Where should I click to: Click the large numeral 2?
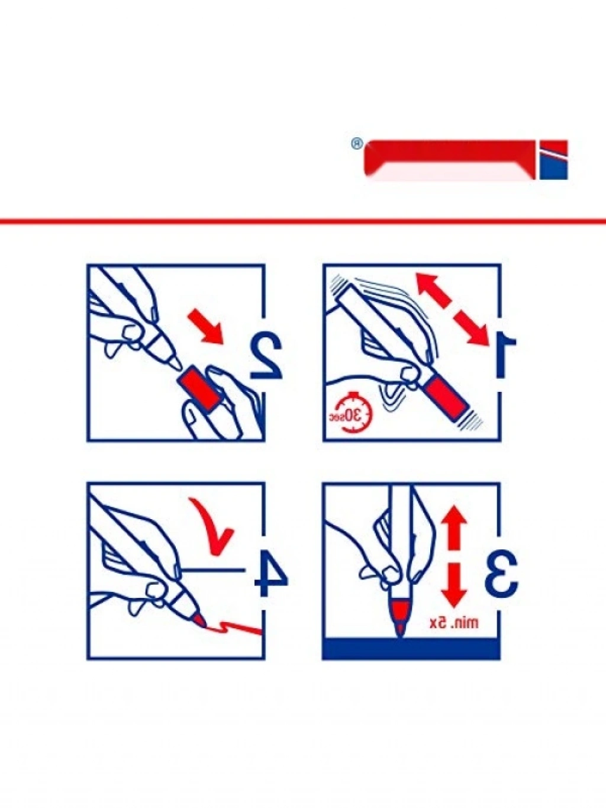tap(266, 357)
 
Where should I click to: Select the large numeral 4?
tap(271, 574)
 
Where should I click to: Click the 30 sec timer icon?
tap(352, 414)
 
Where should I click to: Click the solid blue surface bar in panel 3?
tap(411, 649)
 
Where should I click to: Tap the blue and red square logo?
tap(553, 160)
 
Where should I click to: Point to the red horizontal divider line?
tap(303, 221)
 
